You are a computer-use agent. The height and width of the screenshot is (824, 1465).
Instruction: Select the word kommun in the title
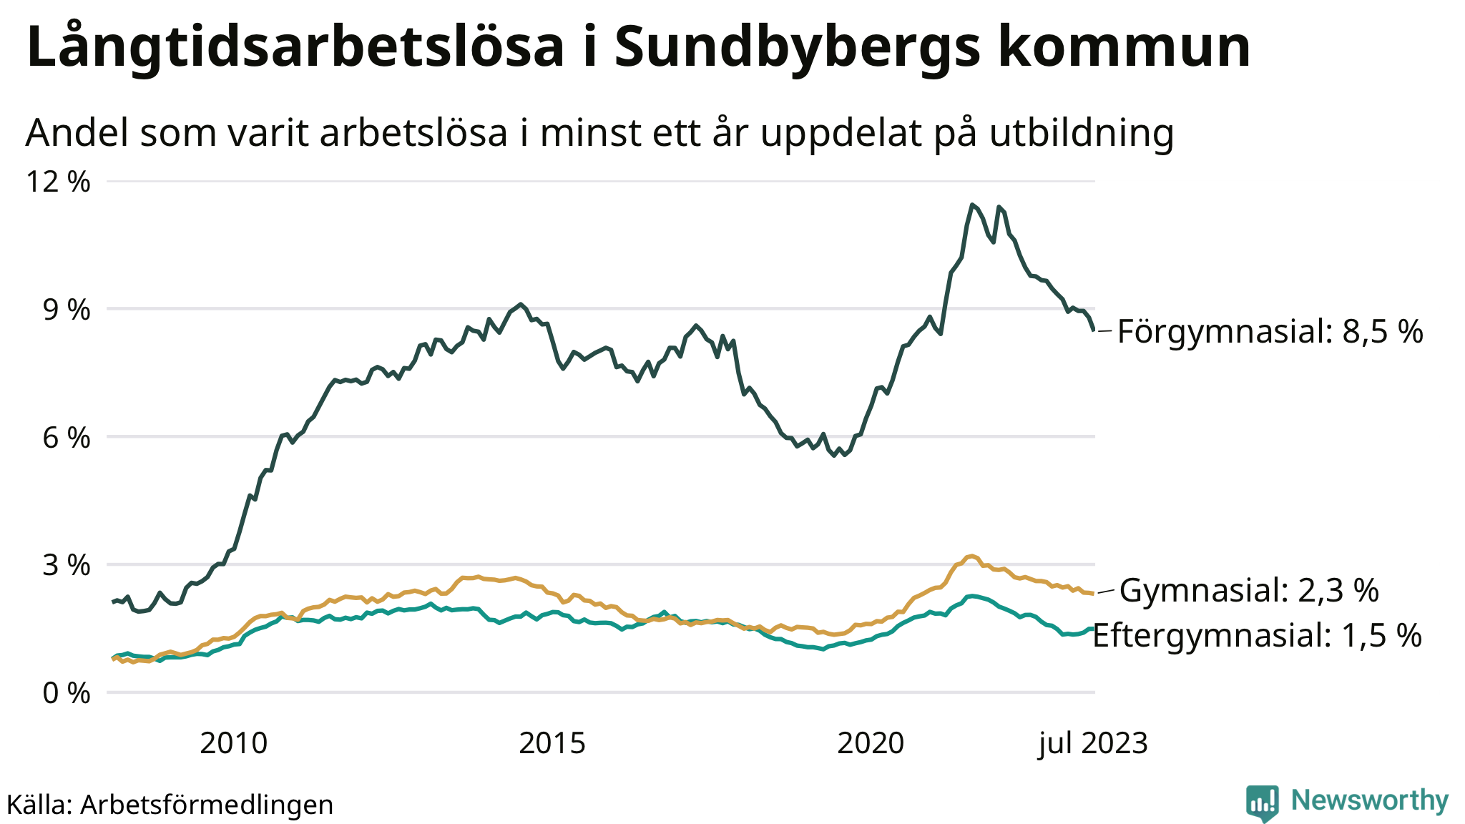point(1124,47)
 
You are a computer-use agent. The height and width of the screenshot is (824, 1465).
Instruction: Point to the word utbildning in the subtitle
point(1082,133)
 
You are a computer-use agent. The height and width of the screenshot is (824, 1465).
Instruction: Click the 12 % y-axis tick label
point(59,182)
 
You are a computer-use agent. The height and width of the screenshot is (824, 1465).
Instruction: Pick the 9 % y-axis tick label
point(67,310)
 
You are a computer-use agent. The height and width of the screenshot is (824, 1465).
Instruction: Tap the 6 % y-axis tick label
point(67,437)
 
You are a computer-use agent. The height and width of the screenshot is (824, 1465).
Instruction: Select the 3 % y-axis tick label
point(67,565)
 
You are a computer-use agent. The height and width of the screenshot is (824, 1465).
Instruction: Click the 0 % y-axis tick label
point(67,692)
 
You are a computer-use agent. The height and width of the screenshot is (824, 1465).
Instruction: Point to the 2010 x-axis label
point(234,744)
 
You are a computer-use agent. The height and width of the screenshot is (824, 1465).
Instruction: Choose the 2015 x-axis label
point(552,744)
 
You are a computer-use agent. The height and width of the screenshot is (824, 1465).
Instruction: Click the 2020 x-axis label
point(871,744)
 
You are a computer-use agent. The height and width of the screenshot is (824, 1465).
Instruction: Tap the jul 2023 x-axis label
point(1093,744)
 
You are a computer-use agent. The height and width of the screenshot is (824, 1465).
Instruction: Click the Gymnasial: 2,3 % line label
point(1249,591)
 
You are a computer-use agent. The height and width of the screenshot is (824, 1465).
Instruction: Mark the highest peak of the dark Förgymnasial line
point(972,205)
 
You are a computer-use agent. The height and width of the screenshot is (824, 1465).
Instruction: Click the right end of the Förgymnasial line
point(1093,330)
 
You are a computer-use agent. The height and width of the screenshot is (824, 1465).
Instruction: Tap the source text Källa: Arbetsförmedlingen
point(170,805)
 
